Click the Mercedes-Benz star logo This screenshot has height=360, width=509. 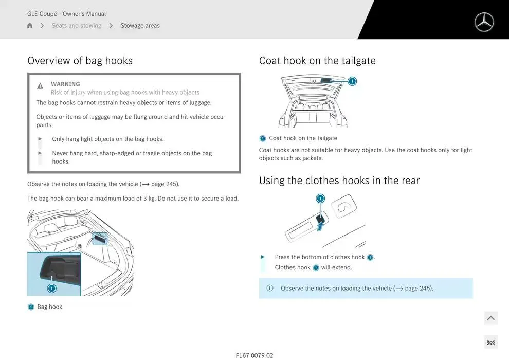coord(484,22)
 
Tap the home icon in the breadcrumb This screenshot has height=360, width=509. coord(30,25)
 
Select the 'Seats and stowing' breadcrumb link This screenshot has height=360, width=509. coord(77,25)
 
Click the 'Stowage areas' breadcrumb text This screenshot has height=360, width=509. coord(140,25)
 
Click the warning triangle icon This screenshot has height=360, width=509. coord(40,86)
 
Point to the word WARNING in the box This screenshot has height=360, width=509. coord(65,84)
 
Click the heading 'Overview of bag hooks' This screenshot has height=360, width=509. coord(80,60)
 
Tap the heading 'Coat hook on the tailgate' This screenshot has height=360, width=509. coord(317,60)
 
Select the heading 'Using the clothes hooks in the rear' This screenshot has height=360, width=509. coord(339,180)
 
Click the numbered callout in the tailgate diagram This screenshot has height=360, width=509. coord(352,81)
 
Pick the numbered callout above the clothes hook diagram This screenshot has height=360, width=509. coord(320,199)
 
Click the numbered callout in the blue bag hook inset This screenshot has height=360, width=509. coord(51,289)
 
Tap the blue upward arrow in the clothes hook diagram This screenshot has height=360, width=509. coord(320,225)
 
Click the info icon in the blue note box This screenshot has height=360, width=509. coord(270,288)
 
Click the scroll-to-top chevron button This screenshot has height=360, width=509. coord(491,318)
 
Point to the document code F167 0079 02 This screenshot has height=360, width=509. coord(254,355)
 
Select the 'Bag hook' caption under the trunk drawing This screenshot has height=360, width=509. coord(50,307)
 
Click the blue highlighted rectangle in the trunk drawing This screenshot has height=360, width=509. coord(100,239)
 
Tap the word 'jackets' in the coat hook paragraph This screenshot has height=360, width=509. coord(312,158)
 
